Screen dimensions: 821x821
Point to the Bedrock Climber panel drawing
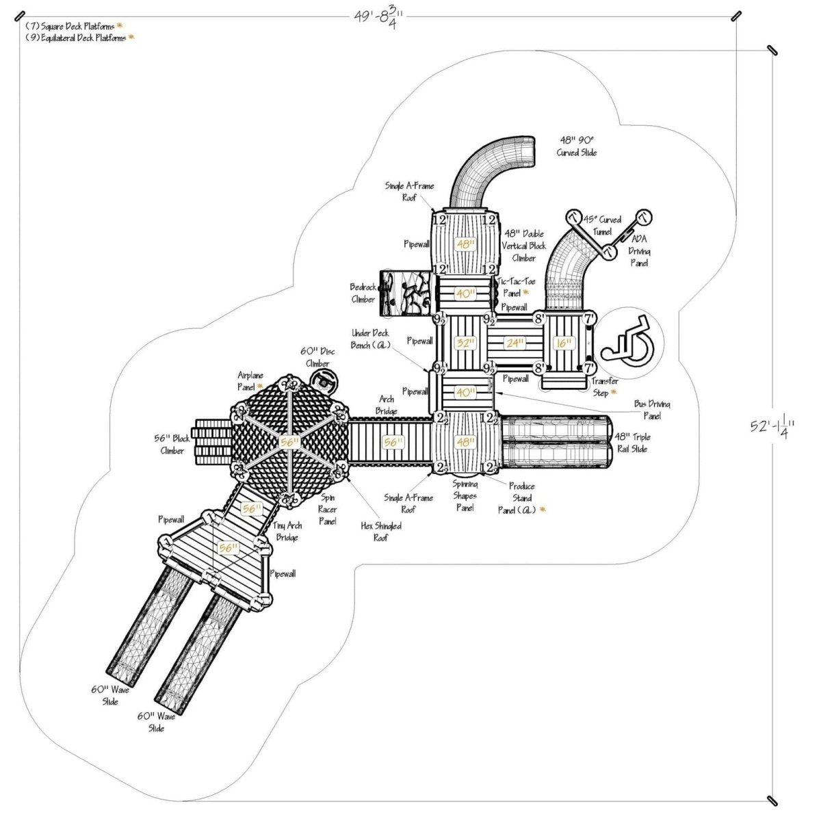(406, 293)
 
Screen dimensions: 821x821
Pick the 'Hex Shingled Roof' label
(381, 532)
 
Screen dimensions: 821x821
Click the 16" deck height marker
(563, 343)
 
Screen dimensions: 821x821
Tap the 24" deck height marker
(514, 343)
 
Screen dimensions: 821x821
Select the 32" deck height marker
(465, 343)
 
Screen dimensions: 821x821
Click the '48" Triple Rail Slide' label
(632, 443)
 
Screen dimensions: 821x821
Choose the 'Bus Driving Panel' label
(651, 410)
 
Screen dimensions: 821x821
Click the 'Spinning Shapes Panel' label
(465, 496)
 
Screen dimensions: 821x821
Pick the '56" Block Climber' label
(172, 445)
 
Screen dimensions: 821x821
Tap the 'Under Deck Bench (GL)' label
(371, 339)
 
